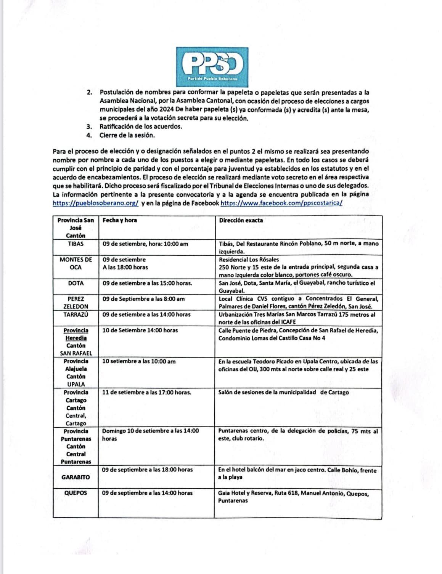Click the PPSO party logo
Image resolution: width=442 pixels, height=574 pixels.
tap(212, 66)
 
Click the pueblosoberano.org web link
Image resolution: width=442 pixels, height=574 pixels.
tap(96, 203)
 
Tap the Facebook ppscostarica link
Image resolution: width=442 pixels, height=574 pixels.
tap(281, 203)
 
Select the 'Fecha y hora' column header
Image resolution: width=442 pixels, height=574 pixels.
tap(120, 220)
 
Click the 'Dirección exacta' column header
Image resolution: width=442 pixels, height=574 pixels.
tap(241, 220)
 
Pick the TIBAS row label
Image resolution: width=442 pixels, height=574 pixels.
tap(76, 244)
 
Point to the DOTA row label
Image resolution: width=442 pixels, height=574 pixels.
tap(76, 283)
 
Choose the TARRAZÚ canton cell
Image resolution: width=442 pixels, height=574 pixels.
tap(76, 315)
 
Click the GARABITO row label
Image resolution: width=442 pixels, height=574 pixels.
tap(76, 477)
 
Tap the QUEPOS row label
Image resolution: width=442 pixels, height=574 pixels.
tap(76, 493)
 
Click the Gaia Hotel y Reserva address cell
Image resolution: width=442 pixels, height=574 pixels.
tap(293, 497)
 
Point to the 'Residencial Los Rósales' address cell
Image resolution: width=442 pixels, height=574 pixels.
tap(298, 267)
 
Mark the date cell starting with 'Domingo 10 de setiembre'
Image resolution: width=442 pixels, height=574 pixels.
tap(150, 435)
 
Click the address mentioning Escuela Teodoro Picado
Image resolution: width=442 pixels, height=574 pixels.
tap(298, 365)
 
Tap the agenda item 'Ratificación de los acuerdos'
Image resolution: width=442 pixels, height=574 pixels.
tap(141, 127)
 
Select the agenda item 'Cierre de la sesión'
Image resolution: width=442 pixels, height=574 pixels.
tap(127, 135)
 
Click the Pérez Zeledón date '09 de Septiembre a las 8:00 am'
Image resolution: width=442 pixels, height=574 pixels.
tap(143, 299)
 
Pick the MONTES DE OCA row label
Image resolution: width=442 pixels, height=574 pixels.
tap(76, 263)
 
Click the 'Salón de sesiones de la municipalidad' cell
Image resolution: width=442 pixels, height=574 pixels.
tap(283, 392)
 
